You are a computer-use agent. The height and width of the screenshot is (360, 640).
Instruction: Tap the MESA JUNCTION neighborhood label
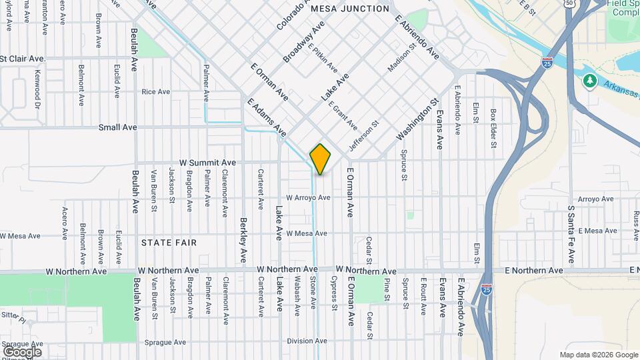[350, 9]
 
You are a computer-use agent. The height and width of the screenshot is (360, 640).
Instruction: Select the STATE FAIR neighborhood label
[169, 243]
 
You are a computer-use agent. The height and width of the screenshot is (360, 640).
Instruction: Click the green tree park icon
[589, 81]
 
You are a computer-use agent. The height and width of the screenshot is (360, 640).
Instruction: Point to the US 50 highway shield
[568, 3]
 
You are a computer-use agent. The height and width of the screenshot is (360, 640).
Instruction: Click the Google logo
[21, 351]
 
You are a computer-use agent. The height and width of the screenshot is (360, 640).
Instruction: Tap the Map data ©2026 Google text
[598, 355]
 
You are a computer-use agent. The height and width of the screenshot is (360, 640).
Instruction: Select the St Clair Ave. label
[23, 59]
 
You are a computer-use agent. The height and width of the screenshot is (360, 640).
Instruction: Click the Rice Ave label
[156, 92]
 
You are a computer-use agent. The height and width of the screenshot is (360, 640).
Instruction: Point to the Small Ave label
[117, 127]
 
